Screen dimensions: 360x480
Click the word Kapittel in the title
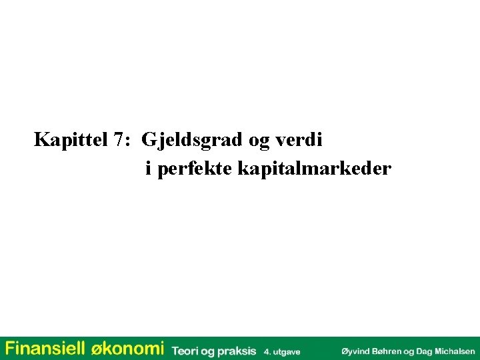point(71,141)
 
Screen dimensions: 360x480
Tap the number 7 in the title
point(119,141)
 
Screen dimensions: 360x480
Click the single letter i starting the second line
point(148,169)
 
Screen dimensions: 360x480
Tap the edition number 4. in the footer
point(267,351)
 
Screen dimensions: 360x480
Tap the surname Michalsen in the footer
point(455,351)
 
